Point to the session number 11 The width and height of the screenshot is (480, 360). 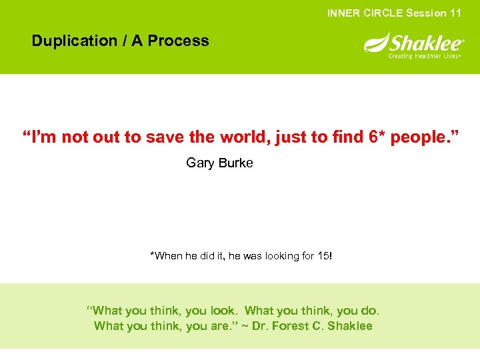pos(455,13)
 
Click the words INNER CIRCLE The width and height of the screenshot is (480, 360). pos(365,13)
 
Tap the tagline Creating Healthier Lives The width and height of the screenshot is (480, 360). pos(425,56)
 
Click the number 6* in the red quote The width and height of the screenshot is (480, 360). pos(376,137)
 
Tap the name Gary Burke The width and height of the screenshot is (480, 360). pos(219,163)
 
